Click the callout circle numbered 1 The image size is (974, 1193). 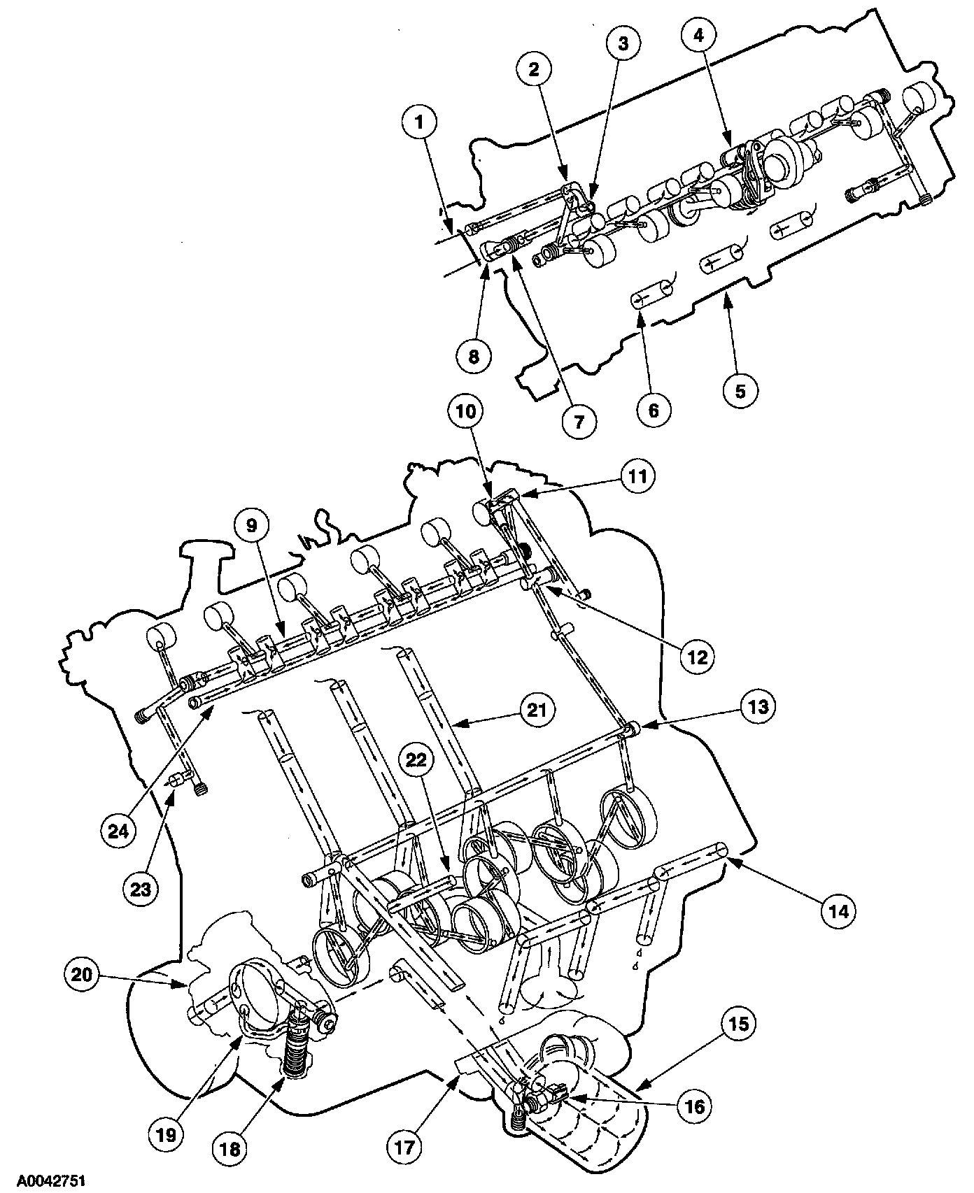coord(419,122)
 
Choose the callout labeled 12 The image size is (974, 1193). coord(699,657)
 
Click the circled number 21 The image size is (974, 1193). coord(536,710)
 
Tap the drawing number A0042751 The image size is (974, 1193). coord(43,1181)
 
